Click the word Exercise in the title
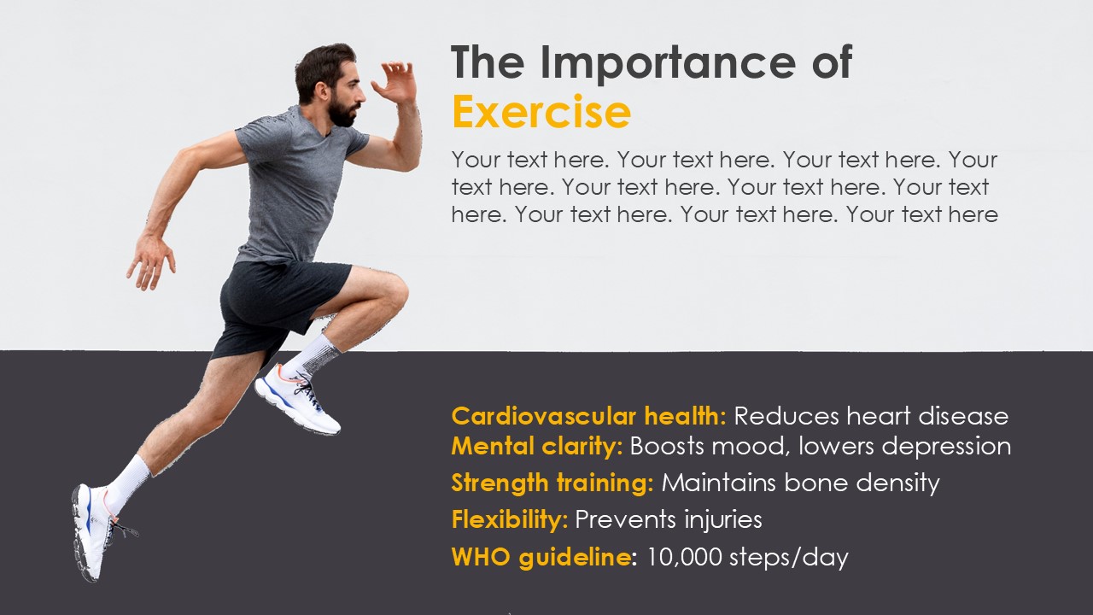[541, 112]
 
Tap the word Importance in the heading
[669, 62]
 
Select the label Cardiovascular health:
[589, 416]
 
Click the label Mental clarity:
[537, 446]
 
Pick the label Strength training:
[552, 483]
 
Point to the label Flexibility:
[510, 519]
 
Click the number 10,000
[684, 557]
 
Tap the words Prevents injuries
[669, 520]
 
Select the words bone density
[862, 483]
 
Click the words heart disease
[927, 416]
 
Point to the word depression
[946, 447]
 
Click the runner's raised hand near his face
[395, 83]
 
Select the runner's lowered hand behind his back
[150, 262]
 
